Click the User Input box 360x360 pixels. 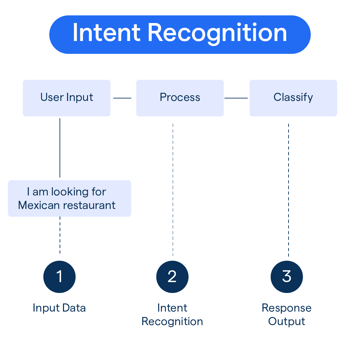pos(66,98)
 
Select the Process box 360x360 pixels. pos(180,98)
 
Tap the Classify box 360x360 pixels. pos(293,98)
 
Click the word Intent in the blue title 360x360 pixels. pos(107,33)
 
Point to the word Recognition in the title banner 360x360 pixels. pos(217,33)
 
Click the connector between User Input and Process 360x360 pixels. pos(122,98)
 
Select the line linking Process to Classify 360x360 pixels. pos(236,98)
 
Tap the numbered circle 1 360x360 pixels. pos(60,277)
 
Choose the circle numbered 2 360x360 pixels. pos(172,277)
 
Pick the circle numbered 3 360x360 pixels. pos(287,277)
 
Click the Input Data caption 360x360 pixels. pos(59,308)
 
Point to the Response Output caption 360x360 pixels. pos(287,315)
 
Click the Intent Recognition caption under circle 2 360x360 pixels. pos(172,315)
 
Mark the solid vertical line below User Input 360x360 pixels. pos(60,147)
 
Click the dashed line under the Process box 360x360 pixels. pos(173,190)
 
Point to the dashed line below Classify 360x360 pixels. pos(289,190)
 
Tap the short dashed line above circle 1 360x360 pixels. pos(60,235)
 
